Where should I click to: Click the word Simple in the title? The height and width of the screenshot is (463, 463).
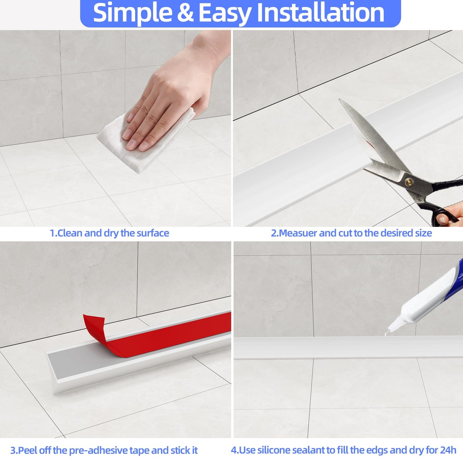click(132, 13)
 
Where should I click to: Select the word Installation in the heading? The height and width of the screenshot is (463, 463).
click(320, 12)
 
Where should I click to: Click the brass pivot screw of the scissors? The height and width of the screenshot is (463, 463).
click(409, 182)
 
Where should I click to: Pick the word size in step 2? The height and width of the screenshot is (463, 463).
click(424, 233)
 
